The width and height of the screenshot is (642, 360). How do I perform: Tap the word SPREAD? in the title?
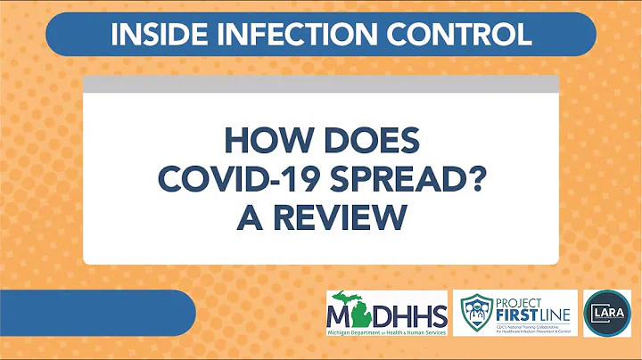tap(402, 179)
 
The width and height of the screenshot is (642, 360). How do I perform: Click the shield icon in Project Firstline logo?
tap(476, 313)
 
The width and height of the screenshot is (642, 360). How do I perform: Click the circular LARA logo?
tap(606, 313)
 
